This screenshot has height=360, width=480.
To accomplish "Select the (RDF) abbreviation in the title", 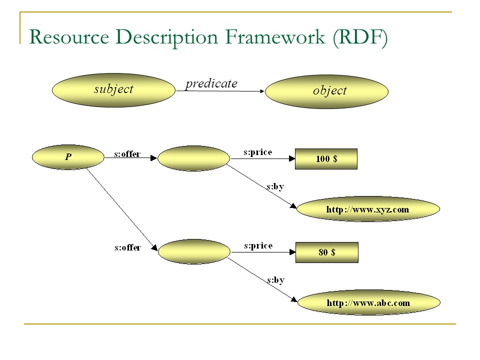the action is tap(360, 37).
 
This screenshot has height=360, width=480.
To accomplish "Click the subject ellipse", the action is tap(113, 90).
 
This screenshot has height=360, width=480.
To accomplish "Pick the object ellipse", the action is tap(326, 91).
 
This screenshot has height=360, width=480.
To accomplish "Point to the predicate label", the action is tap(211, 83).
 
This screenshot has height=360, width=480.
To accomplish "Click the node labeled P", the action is tap(68, 157).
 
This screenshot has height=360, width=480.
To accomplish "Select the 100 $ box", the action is tap(326, 159).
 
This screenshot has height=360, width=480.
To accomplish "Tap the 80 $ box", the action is tap(327, 252).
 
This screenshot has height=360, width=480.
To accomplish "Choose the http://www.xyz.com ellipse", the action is tap(368, 209).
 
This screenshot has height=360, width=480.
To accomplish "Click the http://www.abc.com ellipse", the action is tap(369, 302).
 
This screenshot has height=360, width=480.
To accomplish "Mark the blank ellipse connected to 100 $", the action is tap(194, 158).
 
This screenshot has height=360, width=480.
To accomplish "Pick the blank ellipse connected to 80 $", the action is tap(194, 251).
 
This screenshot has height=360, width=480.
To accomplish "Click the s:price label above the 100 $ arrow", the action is tap(258, 152).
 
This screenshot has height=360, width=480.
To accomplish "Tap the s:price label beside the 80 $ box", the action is tap(258, 245).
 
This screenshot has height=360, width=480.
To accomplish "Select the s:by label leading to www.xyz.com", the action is tap(275, 186).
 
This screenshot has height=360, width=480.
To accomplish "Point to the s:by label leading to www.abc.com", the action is tap(276, 280).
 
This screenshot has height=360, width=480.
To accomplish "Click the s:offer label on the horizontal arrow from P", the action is tap(127, 153).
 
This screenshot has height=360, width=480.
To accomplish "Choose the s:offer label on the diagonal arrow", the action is tap(128, 247).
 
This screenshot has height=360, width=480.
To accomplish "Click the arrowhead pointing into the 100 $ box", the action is tap(292, 158).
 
